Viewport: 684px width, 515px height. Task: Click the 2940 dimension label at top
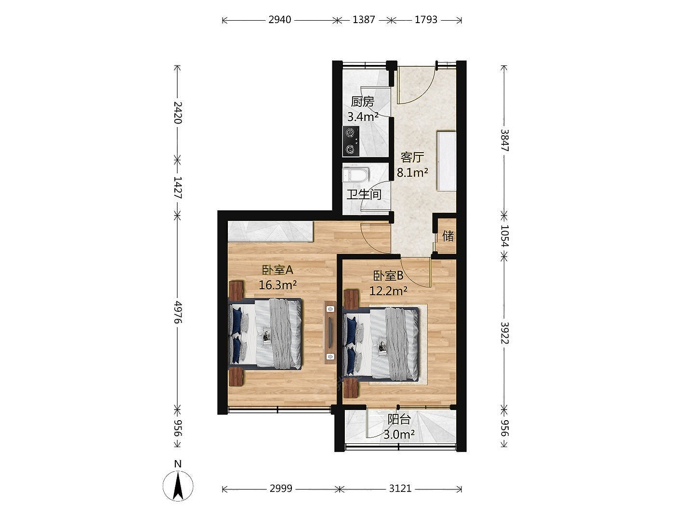click(279, 20)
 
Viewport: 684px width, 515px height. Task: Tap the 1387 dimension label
click(363, 20)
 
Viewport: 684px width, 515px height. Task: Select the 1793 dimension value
click(426, 20)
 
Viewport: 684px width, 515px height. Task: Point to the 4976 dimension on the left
click(178, 312)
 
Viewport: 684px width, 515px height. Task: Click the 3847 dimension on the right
click(504, 140)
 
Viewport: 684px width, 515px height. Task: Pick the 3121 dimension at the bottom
click(400, 488)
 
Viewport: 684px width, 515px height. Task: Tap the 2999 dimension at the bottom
click(281, 488)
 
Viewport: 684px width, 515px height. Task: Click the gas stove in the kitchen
click(351, 141)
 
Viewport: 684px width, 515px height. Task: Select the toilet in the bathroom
click(355, 175)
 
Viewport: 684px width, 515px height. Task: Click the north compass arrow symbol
click(178, 486)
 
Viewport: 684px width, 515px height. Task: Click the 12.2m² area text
click(388, 291)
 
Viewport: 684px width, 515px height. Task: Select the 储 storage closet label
click(448, 236)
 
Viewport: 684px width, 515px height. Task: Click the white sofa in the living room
click(447, 161)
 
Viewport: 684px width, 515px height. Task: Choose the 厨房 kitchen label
click(362, 102)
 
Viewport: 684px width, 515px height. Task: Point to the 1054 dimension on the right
click(504, 236)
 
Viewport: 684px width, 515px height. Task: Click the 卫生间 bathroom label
click(364, 194)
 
